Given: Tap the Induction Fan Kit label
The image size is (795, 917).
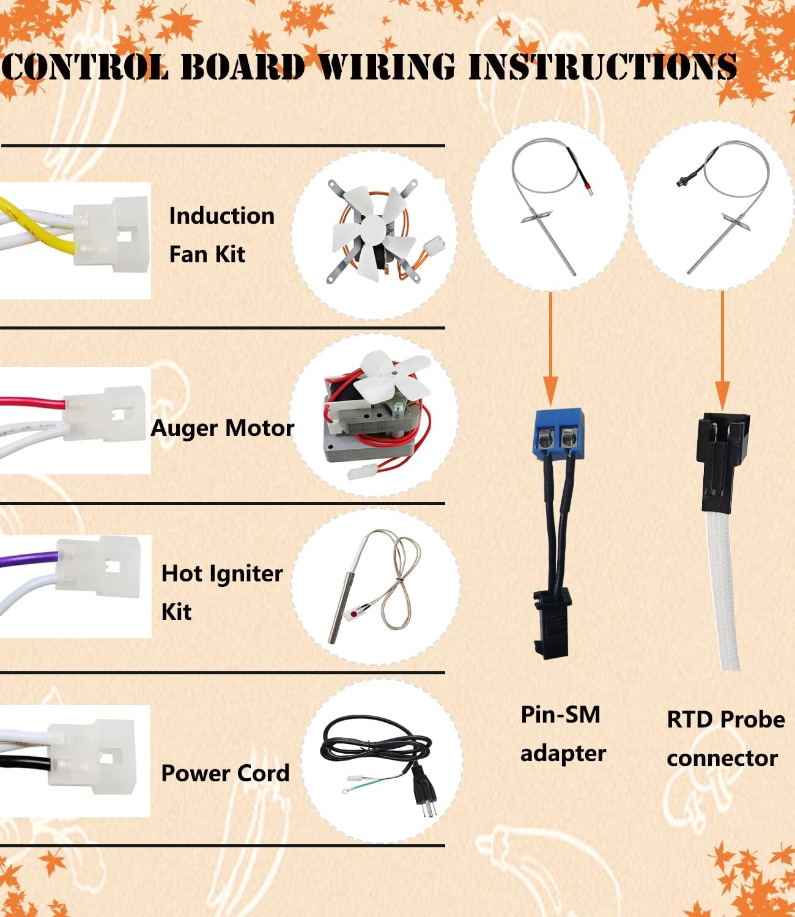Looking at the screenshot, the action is (x=221, y=235).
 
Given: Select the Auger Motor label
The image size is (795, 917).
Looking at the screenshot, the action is (x=223, y=428).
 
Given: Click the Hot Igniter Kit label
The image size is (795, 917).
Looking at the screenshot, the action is (x=222, y=593).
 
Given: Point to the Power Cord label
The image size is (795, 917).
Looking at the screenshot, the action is (x=226, y=773).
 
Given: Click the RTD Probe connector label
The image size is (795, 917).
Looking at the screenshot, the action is (x=726, y=738).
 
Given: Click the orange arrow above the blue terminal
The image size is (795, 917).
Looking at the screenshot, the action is (x=550, y=348).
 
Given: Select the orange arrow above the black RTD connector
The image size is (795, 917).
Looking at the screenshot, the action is (x=722, y=350).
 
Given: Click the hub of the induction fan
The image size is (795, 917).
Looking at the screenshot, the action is (x=373, y=230).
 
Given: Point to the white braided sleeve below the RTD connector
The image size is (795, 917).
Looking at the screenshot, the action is (x=723, y=590).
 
